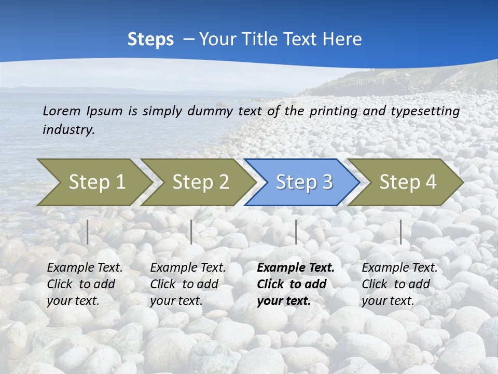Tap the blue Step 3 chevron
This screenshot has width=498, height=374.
[x=304, y=182]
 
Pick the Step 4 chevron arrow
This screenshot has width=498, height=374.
[x=408, y=182]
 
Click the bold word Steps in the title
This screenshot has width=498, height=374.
[x=150, y=39]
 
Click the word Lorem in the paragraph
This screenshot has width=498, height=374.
[x=62, y=111]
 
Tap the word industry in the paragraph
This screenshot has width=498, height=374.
[x=68, y=129]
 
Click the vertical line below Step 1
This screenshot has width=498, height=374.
[x=88, y=232]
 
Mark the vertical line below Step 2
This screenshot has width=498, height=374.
[x=191, y=232]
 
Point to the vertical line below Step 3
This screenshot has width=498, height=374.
[x=296, y=232]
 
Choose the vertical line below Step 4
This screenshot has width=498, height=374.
[x=401, y=232]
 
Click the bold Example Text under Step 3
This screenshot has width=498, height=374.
[x=296, y=268]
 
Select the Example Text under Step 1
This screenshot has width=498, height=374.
[x=85, y=268]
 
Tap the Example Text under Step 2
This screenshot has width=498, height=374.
[x=188, y=268]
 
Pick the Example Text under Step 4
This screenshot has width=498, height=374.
[x=399, y=268]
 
